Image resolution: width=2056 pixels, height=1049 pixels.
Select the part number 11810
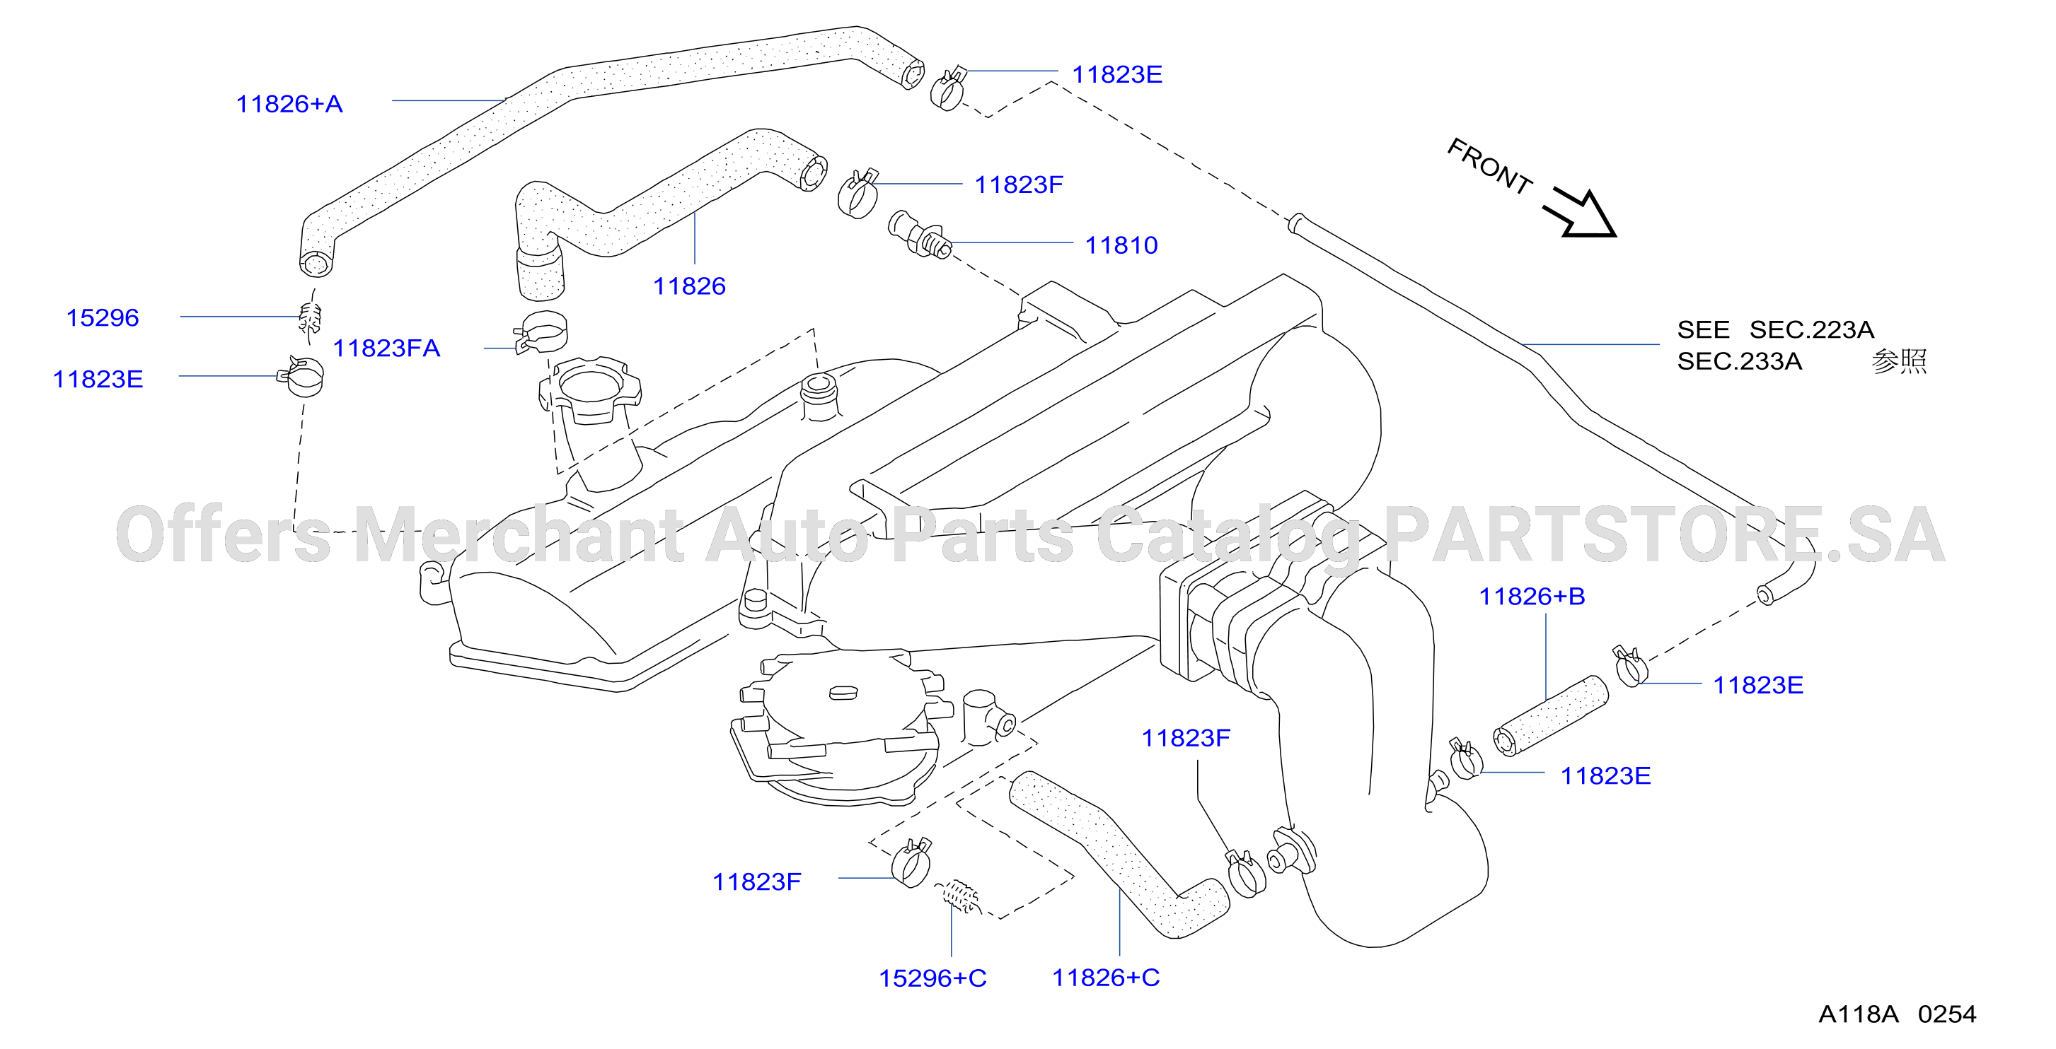[1121, 245]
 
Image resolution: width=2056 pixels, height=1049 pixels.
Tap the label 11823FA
[386, 348]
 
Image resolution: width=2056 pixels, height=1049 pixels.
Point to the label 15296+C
[932, 978]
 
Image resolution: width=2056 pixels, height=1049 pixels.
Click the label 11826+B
[1532, 596]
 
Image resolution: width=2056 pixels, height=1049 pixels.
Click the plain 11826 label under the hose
[689, 286]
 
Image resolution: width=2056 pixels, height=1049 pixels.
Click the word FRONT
[1489, 166]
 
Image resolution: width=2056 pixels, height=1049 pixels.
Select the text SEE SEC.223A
[1775, 329]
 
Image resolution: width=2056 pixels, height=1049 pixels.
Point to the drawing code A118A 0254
[1898, 1014]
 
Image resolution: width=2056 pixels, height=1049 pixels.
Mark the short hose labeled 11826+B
[1550, 715]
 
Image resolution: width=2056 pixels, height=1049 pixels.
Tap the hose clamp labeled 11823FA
[541, 332]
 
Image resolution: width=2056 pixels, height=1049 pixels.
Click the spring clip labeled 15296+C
[958, 896]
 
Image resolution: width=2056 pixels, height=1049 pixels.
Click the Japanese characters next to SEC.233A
[1899, 361]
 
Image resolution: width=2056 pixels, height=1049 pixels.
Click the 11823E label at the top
[1116, 74]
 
